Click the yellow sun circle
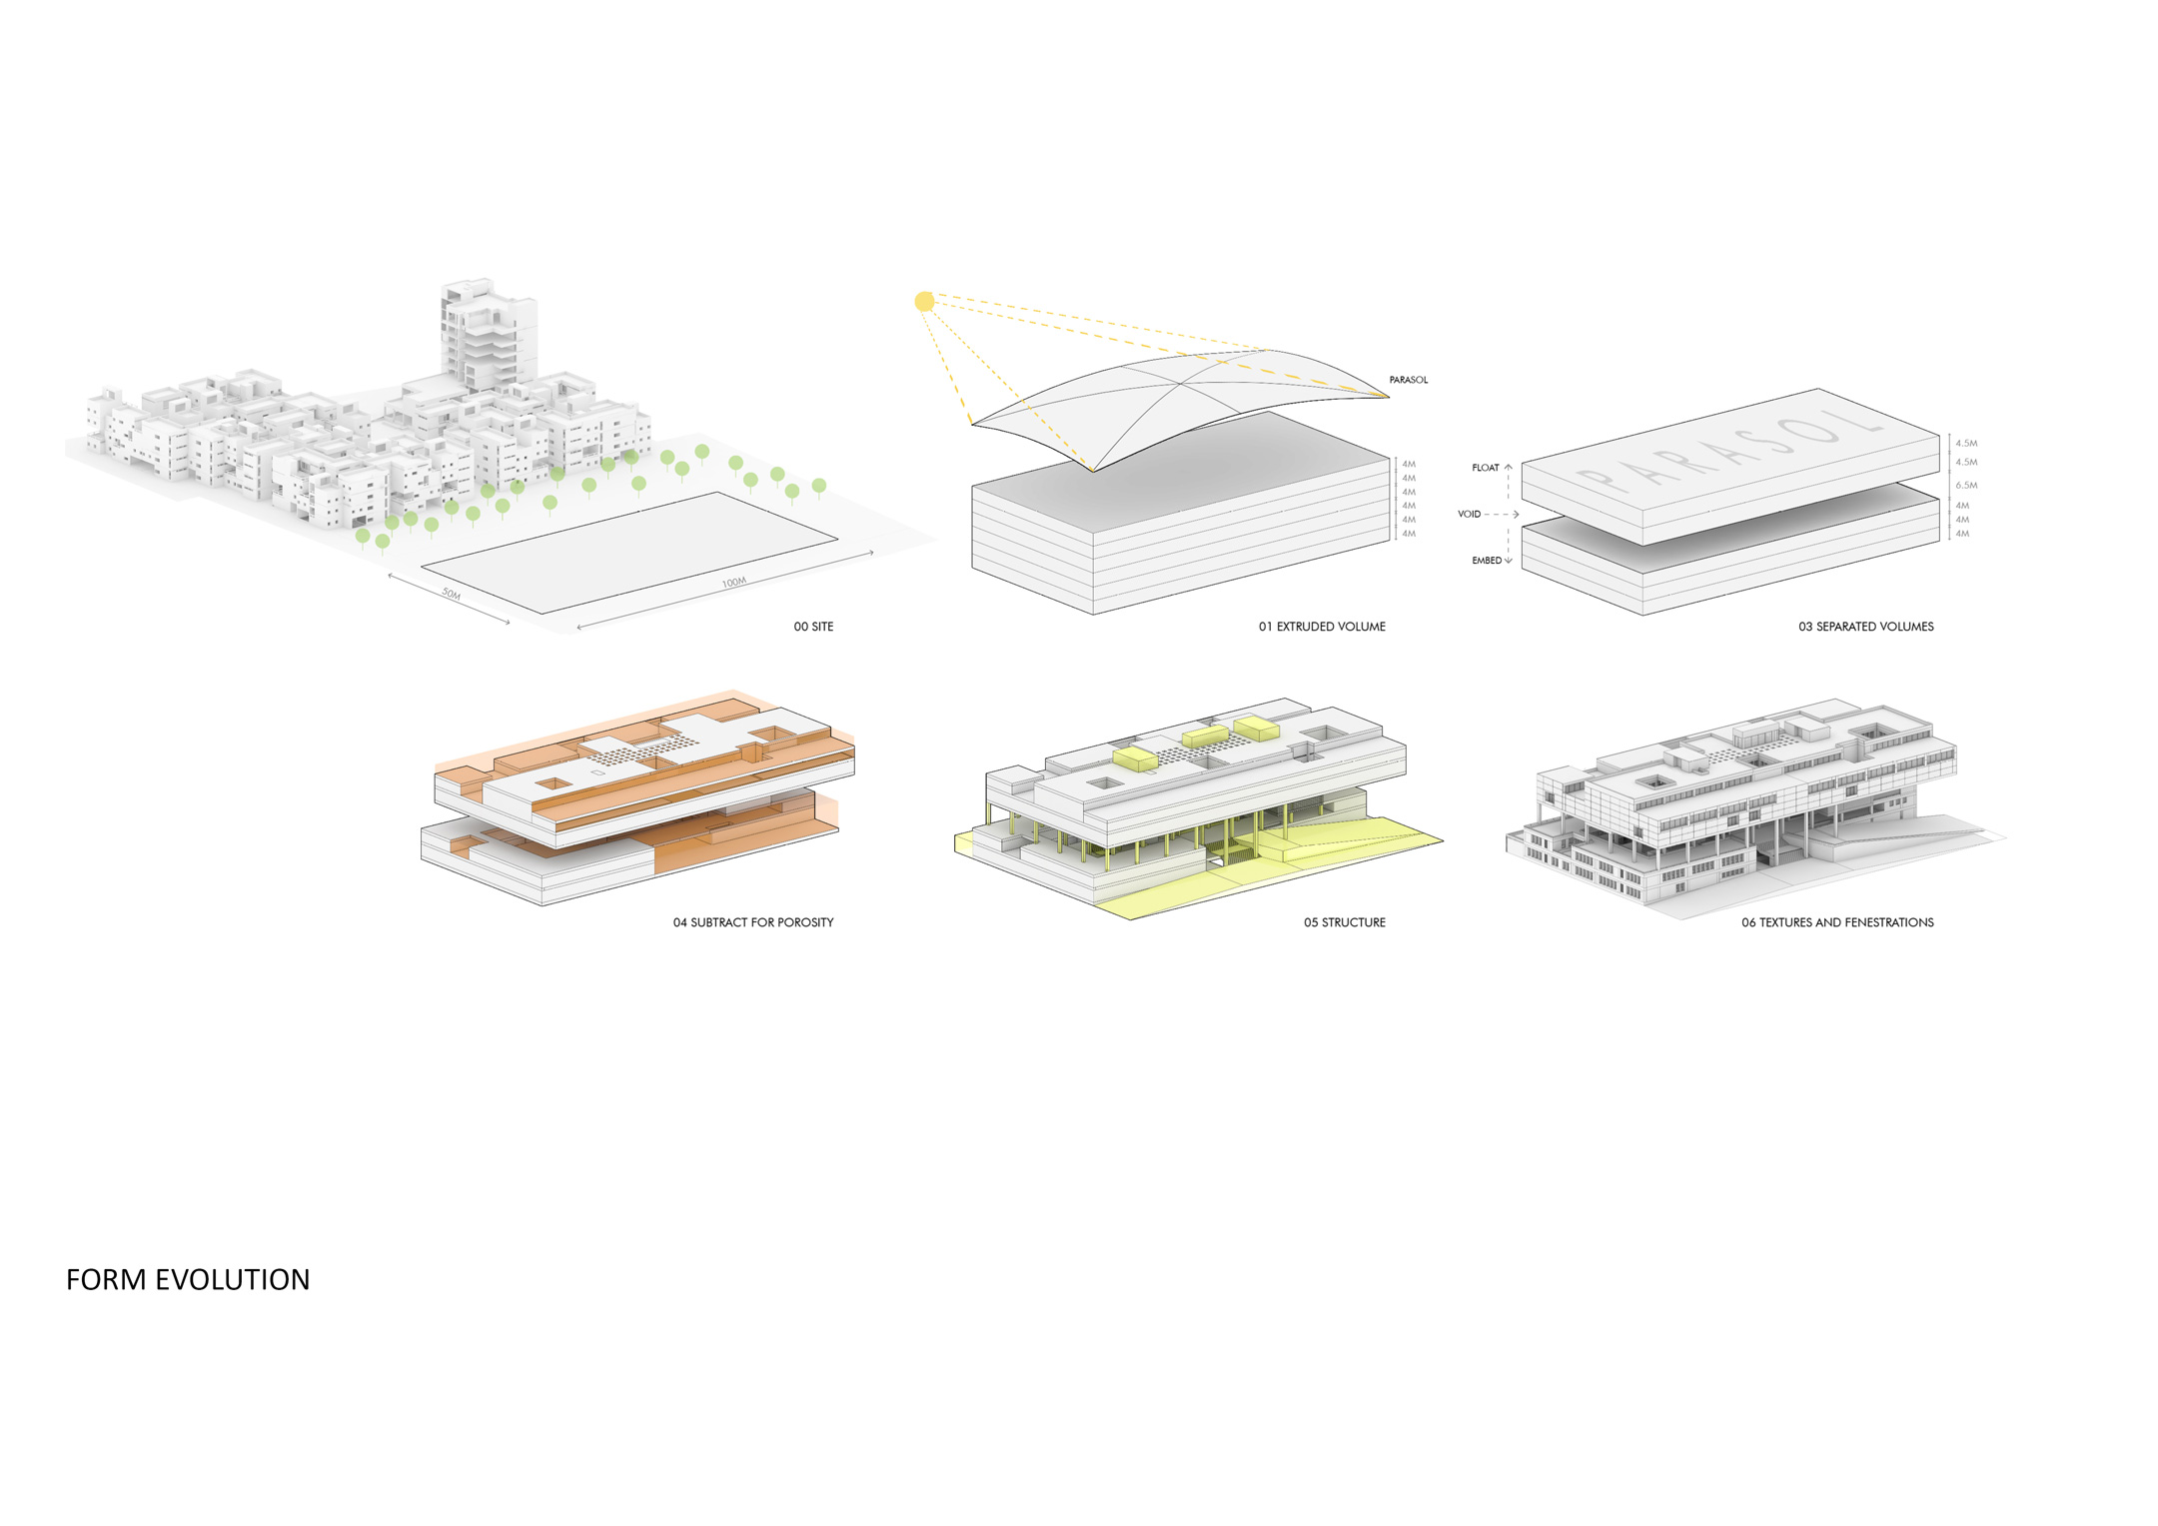tap(924, 301)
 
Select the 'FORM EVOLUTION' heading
tap(188, 1280)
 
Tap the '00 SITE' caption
tap(813, 627)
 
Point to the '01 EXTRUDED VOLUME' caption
tap(1322, 627)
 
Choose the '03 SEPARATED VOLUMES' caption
tap(1866, 627)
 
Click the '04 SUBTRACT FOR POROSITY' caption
tap(753, 922)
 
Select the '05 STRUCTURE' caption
tap(1345, 922)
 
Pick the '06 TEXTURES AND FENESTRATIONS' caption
tap(1837, 922)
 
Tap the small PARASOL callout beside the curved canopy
tap(1409, 380)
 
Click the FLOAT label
tap(1486, 468)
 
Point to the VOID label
tap(1469, 514)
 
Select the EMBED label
tap(1487, 561)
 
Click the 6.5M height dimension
tap(1966, 485)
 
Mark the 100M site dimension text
tap(734, 582)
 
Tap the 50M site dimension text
tap(452, 594)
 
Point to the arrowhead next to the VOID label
tap(1516, 514)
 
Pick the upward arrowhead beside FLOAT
tap(1509, 466)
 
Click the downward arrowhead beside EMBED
tap(1509, 562)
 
